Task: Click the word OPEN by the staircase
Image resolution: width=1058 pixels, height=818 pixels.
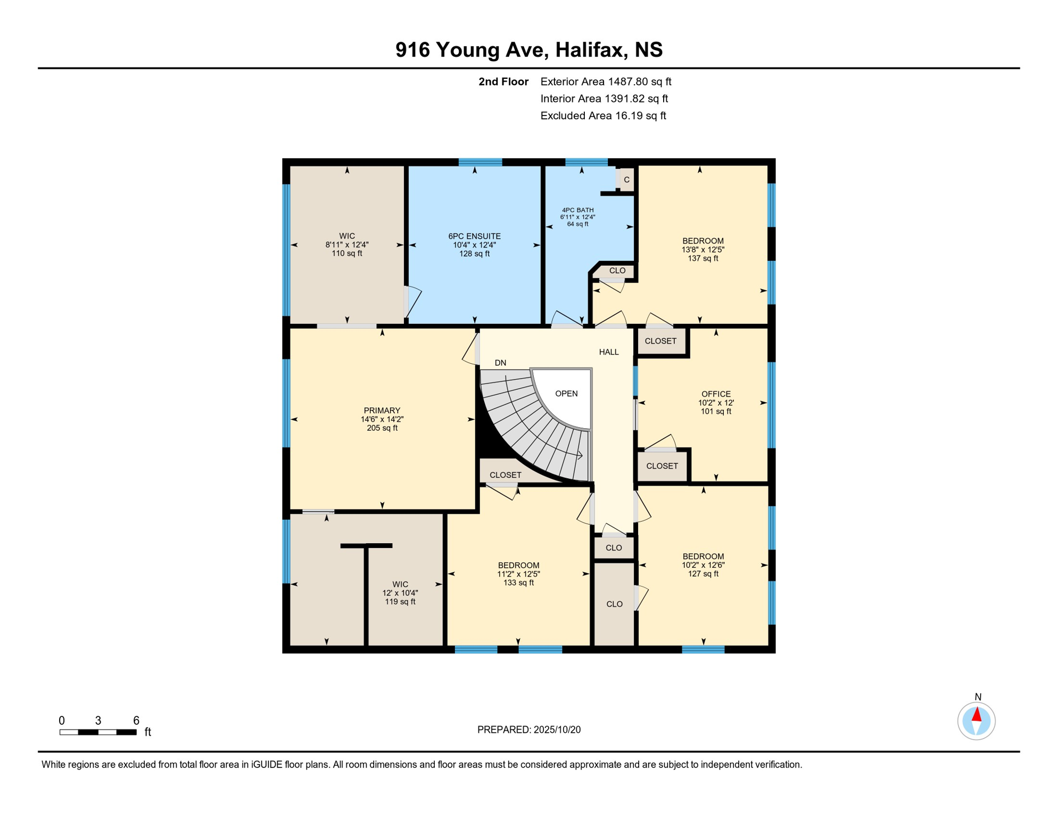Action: tap(566, 394)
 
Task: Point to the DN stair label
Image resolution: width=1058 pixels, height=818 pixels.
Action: tap(500, 363)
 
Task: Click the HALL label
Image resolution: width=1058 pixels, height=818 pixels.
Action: tap(609, 352)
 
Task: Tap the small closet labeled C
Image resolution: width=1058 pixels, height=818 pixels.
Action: tap(626, 179)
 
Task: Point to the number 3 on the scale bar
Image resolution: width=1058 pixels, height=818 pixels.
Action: tap(98, 721)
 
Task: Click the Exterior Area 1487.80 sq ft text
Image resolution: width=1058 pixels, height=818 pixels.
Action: tap(606, 81)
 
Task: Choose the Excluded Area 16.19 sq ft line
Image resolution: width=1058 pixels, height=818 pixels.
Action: tap(603, 116)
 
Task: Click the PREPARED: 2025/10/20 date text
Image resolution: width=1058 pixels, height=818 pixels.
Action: tap(528, 730)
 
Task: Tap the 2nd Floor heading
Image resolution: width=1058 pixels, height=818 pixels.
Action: tap(503, 81)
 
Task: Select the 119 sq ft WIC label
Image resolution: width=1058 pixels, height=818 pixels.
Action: tap(400, 593)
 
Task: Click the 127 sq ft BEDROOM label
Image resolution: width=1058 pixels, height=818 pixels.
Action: tap(703, 565)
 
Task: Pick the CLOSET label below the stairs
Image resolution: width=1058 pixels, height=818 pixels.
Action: tap(505, 475)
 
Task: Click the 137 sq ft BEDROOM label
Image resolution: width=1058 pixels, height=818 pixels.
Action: tap(702, 249)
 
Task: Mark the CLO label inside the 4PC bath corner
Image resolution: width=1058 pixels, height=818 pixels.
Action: tap(617, 271)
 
